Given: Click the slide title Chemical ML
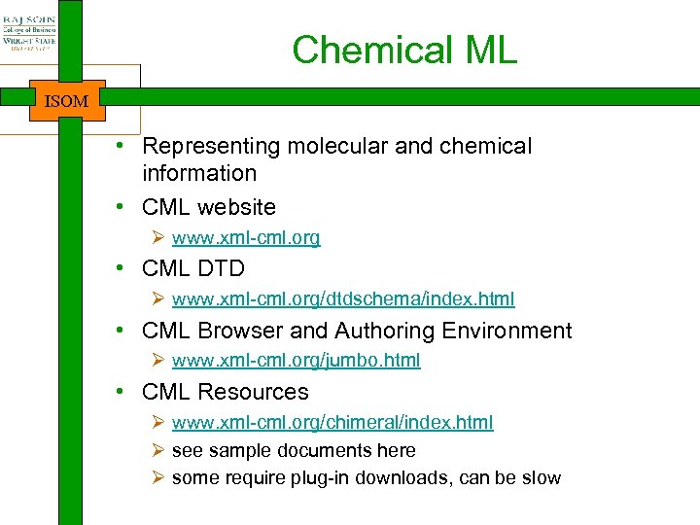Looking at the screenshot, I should point(404,51).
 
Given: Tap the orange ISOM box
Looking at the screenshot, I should point(67,100).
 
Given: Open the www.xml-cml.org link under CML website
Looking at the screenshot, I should point(246,238).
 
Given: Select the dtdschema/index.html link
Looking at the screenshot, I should point(343,299).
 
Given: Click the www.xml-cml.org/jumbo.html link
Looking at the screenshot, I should point(297,361).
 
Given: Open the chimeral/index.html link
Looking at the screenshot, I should point(332,422).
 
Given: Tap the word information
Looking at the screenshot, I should point(199,173).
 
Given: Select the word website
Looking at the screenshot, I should point(236,207).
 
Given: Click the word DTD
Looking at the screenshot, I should point(221,268).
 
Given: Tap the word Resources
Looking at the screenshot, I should point(253,392).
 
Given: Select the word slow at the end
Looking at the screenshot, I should point(542,478).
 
